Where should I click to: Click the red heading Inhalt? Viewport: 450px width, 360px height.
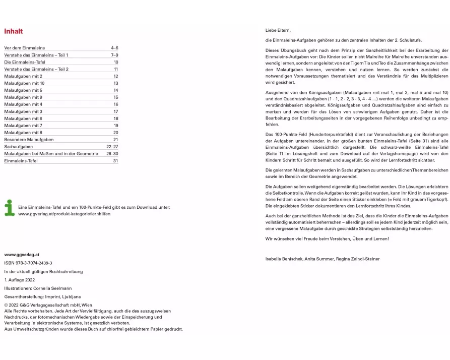pos(14,31)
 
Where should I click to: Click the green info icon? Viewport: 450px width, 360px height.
pos(9,208)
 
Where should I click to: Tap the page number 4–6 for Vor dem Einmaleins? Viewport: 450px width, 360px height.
pos(114,48)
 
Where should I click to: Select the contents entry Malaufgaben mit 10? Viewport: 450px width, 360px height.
pos(24,83)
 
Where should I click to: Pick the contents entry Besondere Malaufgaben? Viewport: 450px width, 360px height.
pos(29,140)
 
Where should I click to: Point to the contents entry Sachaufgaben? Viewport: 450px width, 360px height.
pos(18,147)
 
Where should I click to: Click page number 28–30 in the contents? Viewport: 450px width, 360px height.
pos(112,154)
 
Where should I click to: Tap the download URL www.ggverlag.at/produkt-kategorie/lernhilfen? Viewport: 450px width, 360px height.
pos(64,214)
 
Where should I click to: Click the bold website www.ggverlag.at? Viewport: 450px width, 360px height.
pos(22,255)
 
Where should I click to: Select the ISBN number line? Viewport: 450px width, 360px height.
pos(28,263)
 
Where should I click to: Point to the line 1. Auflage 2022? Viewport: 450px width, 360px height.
pos(20,280)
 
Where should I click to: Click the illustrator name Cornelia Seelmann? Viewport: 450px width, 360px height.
pos(52,288)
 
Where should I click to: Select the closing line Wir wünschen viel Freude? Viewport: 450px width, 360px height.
pos(327,238)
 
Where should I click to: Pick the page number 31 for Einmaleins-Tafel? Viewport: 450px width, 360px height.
pos(115,161)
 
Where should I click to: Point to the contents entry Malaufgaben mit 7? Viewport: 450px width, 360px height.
pos(23,126)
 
